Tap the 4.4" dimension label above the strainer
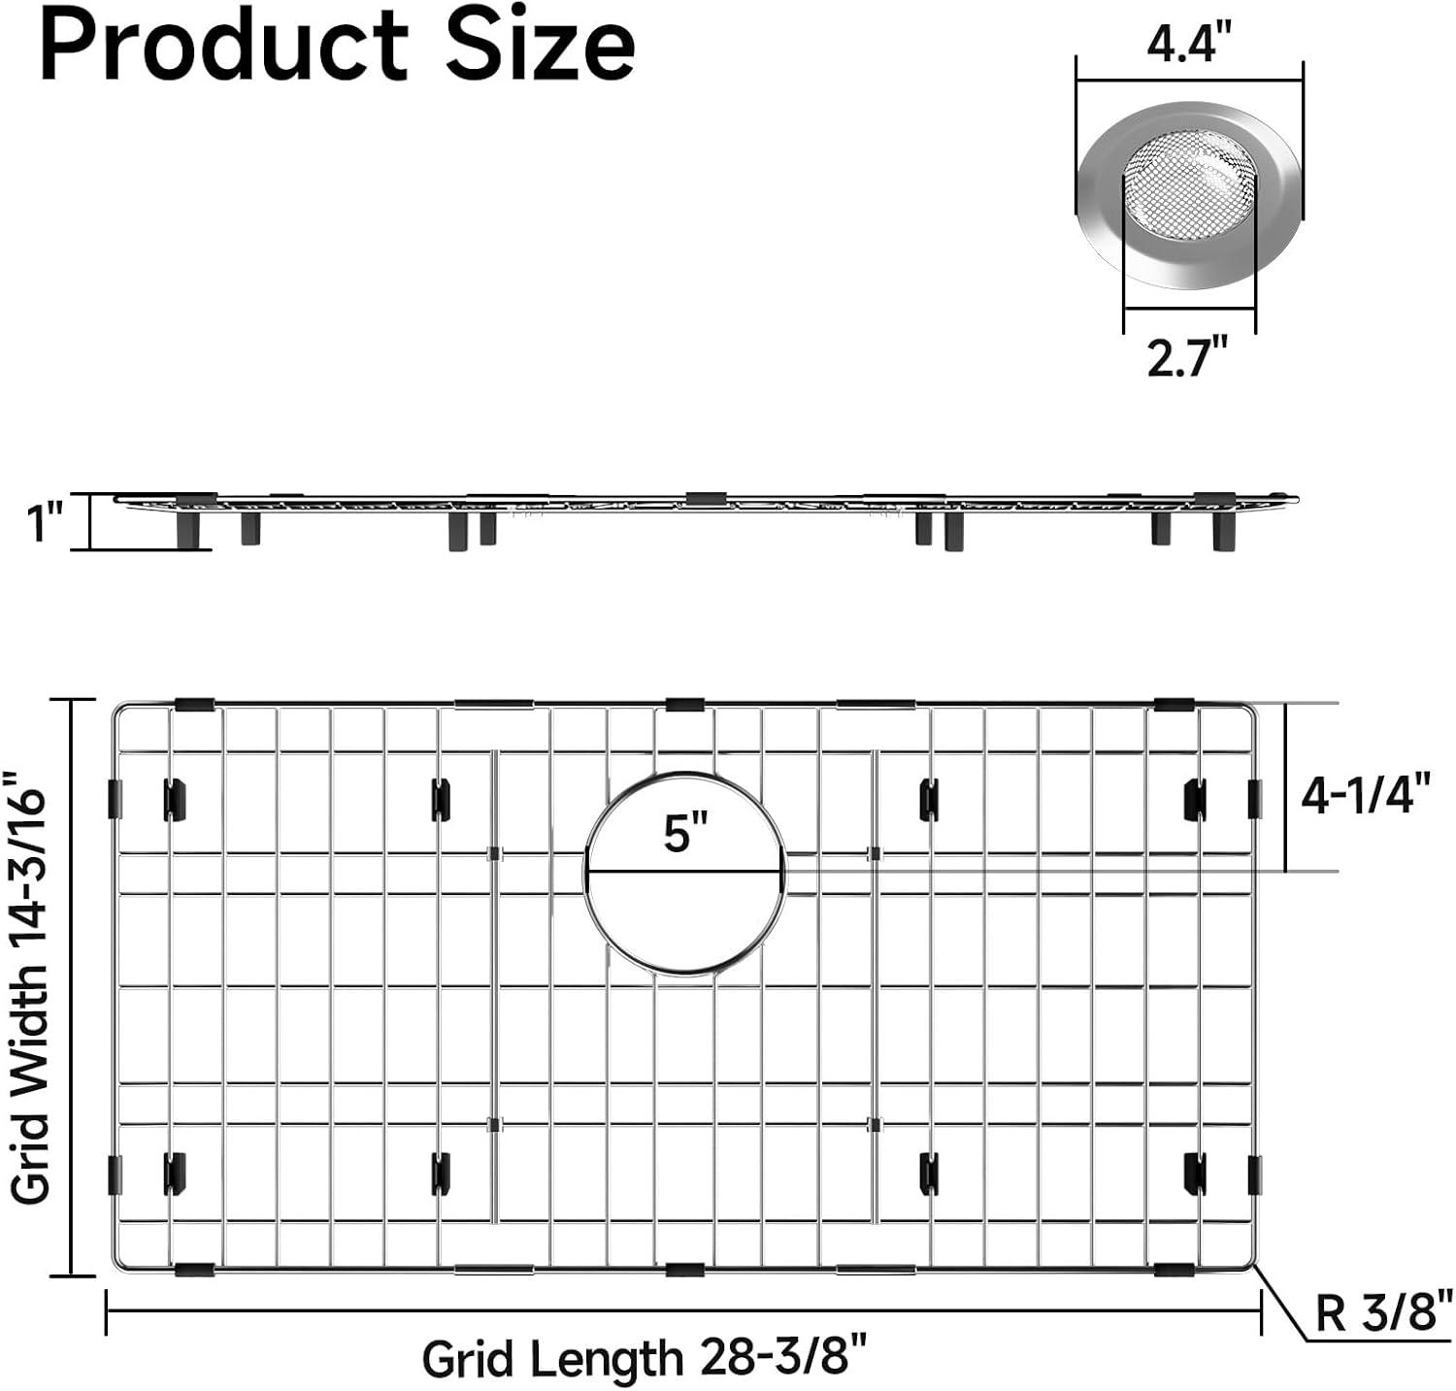click(1188, 44)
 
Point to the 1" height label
click(45, 523)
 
